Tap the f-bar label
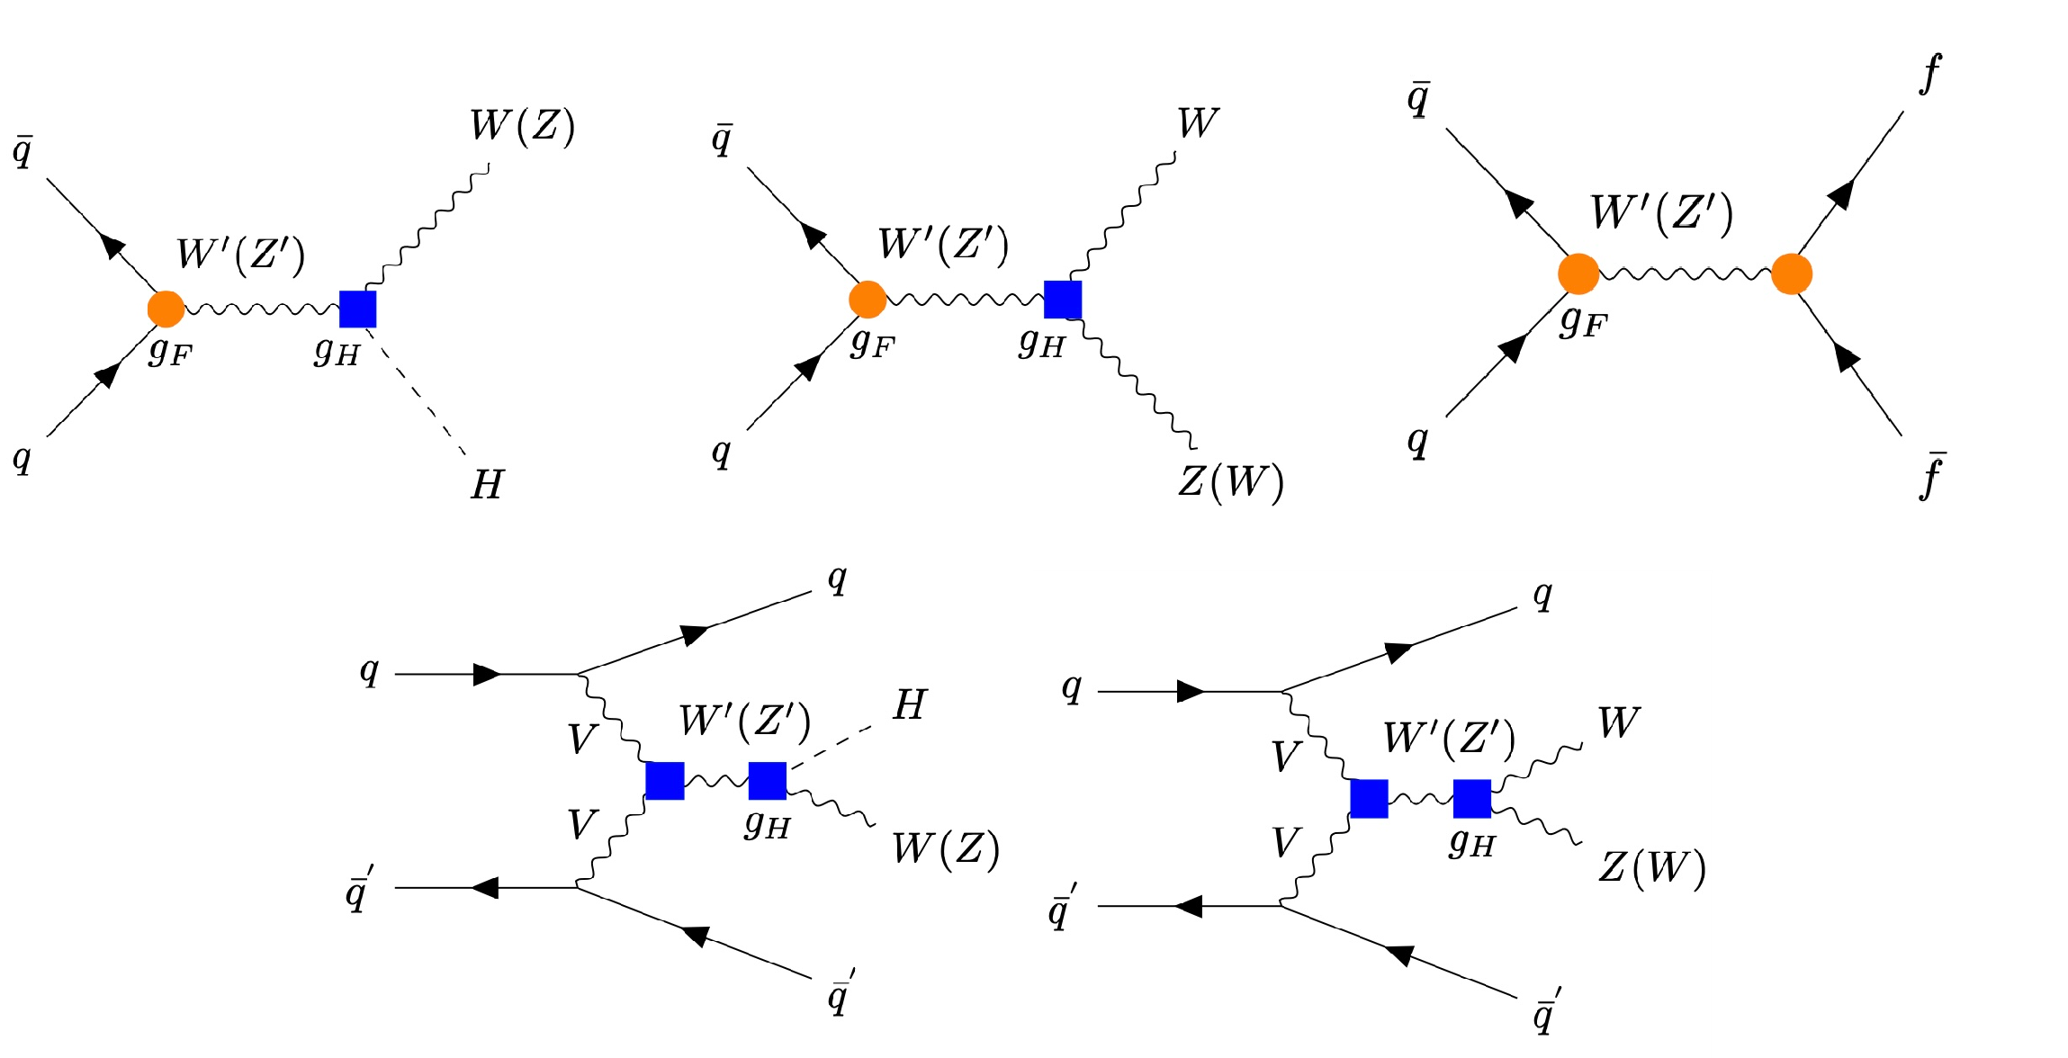pos(1931,476)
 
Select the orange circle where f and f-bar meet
pos(1791,273)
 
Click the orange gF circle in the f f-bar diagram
pos(1578,273)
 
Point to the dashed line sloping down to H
pos(418,391)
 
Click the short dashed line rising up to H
pos(831,746)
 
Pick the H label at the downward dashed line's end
pos(487,486)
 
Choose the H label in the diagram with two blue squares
pos(909,705)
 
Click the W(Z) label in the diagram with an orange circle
pos(522,126)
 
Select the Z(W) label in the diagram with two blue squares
pos(1651,868)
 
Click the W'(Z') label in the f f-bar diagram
pos(1661,214)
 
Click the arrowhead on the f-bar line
pos(1847,358)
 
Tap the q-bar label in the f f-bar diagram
pos(1418,99)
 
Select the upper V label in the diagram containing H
pos(582,740)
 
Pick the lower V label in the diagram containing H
pos(582,824)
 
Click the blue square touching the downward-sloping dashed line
pos(357,309)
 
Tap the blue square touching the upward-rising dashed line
pos(767,780)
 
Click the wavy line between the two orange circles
pos(1685,273)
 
